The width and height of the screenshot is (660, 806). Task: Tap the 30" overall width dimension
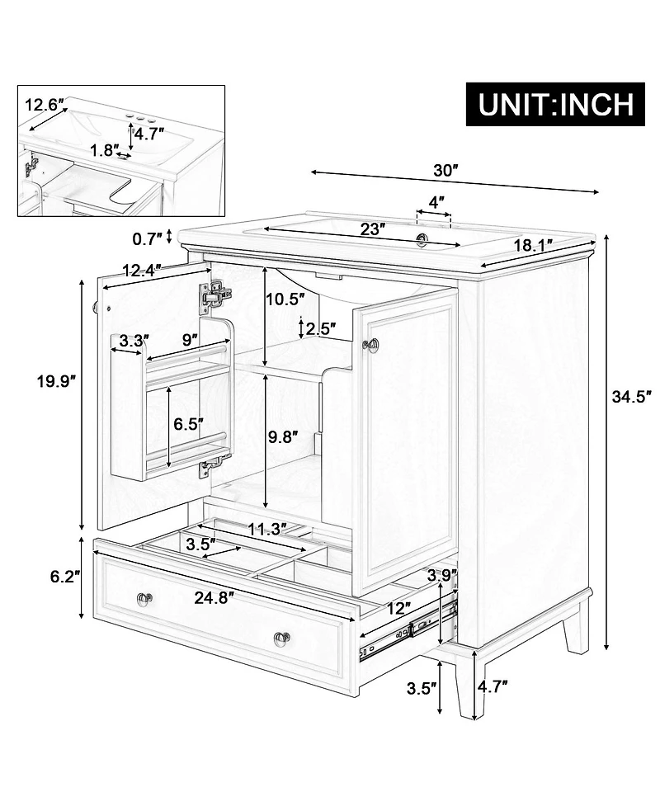click(445, 171)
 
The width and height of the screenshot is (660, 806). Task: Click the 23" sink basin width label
click(373, 229)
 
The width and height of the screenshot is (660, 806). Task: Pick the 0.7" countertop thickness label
click(146, 239)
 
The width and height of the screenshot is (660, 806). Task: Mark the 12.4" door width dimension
click(142, 269)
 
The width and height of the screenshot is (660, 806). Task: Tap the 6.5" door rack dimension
click(186, 424)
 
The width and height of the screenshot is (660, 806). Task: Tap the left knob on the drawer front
click(145, 599)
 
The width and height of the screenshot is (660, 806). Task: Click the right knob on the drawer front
click(282, 638)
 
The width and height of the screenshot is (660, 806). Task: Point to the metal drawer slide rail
click(408, 630)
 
